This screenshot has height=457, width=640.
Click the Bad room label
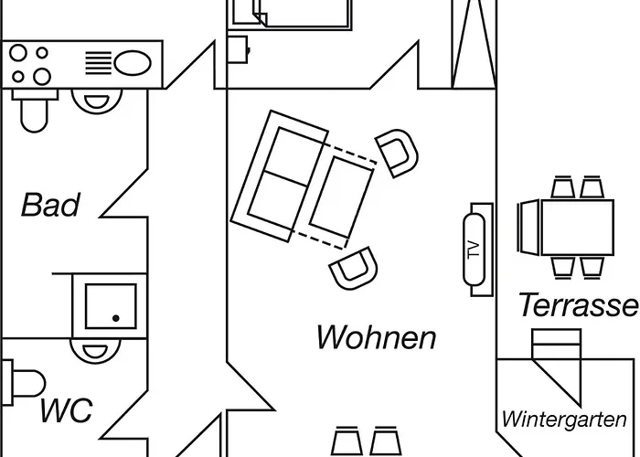coord(50,205)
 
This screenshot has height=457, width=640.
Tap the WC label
coord(66,410)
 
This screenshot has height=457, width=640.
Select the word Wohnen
coord(376,337)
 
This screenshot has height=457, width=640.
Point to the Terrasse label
coord(578,305)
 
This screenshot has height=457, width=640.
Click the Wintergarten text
coord(564,420)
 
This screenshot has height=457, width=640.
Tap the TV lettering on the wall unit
coord(473,251)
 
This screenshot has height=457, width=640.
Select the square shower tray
coord(111,306)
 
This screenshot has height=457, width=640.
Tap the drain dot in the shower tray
coord(116,317)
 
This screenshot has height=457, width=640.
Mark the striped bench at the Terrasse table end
coord(528,228)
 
